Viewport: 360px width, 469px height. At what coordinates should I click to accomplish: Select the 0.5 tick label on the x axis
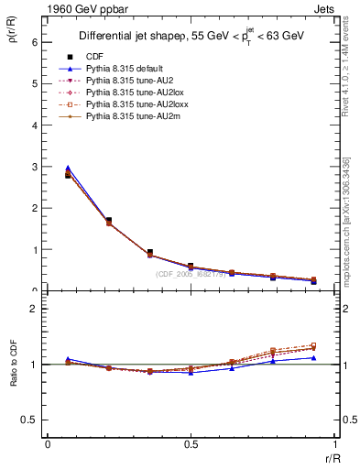[x=191, y=444]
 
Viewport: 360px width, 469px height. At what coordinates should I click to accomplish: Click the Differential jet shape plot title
[x=191, y=37]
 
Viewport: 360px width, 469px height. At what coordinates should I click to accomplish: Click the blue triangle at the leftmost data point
[x=68, y=169]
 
